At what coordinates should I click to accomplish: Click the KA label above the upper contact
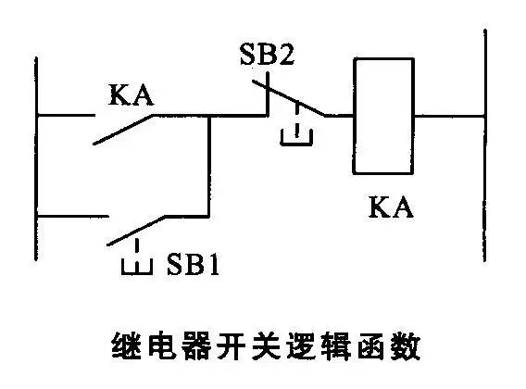pyautogui.click(x=131, y=94)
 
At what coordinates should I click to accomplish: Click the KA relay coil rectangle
pyautogui.click(x=383, y=115)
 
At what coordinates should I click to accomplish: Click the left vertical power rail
pyautogui.click(x=36, y=185)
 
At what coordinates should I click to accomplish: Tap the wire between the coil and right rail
pyautogui.click(x=449, y=117)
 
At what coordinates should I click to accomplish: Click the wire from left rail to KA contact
pyautogui.click(x=65, y=117)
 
